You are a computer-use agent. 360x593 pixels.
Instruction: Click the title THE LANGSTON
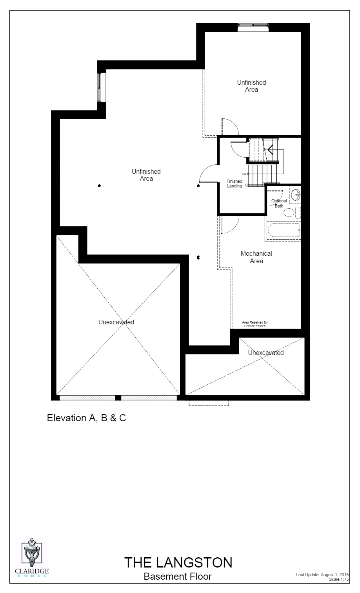coord(178,562)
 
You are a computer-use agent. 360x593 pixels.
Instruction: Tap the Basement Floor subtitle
coord(178,576)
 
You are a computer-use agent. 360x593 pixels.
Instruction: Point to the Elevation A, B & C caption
coord(86,418)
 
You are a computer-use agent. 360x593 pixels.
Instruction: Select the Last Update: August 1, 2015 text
coord(322,575)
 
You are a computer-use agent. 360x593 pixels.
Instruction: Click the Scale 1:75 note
coord(339,579)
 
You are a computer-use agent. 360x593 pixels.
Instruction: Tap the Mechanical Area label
coord(256,257)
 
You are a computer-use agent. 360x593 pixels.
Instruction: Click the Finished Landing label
coord(235,184)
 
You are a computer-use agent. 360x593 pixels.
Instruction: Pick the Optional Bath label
coord(279,203)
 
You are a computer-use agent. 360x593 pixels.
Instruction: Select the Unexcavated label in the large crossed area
coord(116,322)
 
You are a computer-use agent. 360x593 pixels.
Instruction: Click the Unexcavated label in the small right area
coord(265,353)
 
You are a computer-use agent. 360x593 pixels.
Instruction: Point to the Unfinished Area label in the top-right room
coord(251,86)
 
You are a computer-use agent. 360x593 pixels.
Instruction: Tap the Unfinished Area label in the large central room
coord(146,175)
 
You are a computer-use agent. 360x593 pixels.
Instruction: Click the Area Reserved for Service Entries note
coord(255,324)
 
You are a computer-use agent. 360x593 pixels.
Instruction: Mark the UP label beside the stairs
coord(244,174)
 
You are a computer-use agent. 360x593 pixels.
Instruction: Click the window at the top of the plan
coord(253,26)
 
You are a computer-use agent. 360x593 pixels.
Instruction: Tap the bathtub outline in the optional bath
coord(283,231)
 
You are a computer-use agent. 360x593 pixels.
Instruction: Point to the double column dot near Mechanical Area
coord(198,258)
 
